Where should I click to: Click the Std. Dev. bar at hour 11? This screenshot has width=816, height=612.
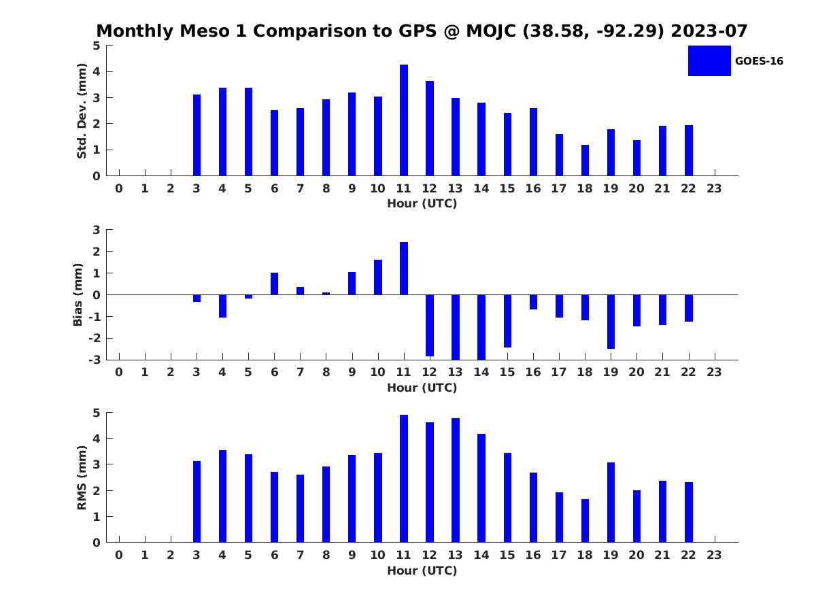404,120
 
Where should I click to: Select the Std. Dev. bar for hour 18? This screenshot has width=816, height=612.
585,160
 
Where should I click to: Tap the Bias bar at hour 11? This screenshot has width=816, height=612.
404,269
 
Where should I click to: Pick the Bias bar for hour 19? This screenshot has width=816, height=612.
611,322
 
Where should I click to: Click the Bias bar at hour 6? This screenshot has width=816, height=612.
274,284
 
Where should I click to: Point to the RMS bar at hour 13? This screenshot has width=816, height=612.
456,481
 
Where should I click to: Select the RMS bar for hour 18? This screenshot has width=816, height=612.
585,521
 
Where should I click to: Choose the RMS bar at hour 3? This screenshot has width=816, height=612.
197,502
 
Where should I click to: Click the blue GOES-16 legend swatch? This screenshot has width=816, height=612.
709,61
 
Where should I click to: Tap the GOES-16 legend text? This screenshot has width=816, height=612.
759,61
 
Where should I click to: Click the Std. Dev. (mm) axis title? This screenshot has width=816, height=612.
82,111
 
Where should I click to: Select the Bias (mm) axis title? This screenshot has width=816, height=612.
78,294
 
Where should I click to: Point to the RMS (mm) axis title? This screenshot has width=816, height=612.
82,477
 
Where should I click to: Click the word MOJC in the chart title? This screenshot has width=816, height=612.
491,31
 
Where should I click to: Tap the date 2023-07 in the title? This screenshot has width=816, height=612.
709,31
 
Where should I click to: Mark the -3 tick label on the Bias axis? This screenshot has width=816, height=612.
95,360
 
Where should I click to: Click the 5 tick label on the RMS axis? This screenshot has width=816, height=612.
97,413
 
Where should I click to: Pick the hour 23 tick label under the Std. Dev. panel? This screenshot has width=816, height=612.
714,189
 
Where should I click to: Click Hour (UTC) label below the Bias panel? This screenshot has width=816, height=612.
422,388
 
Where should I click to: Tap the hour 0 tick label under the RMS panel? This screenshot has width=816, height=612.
119,555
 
